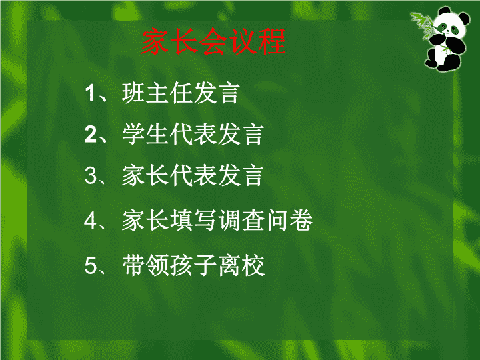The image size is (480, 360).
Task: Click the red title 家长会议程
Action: coord(214,41)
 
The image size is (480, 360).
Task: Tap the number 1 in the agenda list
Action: coord(90,93)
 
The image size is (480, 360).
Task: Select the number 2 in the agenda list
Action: coord(91,134)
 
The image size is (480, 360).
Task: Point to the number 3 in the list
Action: coord(91,176)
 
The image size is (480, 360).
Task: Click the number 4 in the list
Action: coord(91,220)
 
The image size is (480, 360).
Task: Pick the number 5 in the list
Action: coord(91,265)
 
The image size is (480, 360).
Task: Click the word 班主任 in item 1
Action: coord(157,93)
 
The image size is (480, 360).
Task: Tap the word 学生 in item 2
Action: coord(145,135)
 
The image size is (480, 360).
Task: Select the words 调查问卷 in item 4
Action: coord(265,220)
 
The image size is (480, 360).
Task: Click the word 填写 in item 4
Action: coord(193,220)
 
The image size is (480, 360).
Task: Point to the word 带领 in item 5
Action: coord(145,265)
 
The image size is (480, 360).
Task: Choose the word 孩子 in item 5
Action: coord(193,265)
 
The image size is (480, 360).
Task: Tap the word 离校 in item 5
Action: coord(241,265)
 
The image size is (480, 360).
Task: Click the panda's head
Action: coord(450,24)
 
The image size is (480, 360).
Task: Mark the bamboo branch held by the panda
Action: coord(425,25)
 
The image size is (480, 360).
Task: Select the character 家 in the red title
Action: coord(155,41)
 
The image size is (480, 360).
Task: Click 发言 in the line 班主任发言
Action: coord(217,93)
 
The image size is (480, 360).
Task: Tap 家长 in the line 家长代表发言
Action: coord(145,176)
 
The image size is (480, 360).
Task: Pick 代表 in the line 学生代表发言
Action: coord(193,135)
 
